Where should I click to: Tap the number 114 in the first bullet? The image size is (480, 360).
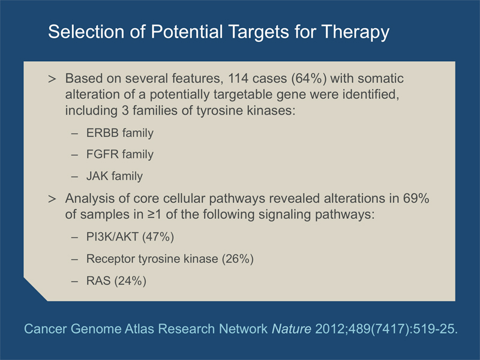pos(238,79)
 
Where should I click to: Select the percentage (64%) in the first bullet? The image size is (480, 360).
pos(309,79)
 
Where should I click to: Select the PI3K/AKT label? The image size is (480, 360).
pos(112,237)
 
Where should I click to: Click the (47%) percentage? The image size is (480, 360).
pos(158,237)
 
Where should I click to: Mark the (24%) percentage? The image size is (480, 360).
pos(130,281)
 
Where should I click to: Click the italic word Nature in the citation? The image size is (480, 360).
pos(292,329)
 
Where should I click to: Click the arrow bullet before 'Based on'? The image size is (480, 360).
pos(52,79)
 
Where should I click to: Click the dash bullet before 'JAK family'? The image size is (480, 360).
pos(74,177)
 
